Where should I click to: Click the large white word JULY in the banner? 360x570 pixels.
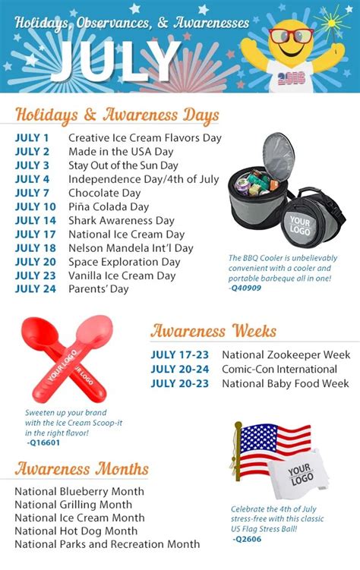(115, 61)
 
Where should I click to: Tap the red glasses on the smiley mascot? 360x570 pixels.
(291, 36)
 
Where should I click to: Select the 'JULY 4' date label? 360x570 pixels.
(32, 179)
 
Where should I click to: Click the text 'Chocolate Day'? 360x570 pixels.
(104, 193)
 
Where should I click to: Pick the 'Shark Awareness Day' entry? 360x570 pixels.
(122, 221)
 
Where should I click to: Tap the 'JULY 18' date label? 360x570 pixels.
(35, 248)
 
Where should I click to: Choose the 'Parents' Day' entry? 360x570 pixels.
(99, 289)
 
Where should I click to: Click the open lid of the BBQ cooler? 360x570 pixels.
(278, 156)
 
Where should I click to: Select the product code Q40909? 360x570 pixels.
(245, 288)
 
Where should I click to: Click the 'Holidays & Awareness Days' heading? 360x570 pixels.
(117, 115)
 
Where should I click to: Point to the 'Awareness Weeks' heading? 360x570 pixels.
(213, 331)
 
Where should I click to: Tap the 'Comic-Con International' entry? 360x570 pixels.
(279, 370)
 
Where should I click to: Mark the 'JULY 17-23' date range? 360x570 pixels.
(180, 354)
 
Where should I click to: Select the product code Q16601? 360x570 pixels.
(43, 442)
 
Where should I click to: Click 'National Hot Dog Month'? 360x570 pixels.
(76, 531)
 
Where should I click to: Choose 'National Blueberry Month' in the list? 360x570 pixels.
(79, 492)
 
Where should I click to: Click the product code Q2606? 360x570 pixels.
(247, 539)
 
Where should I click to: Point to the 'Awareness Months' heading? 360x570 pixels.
(81, 468)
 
